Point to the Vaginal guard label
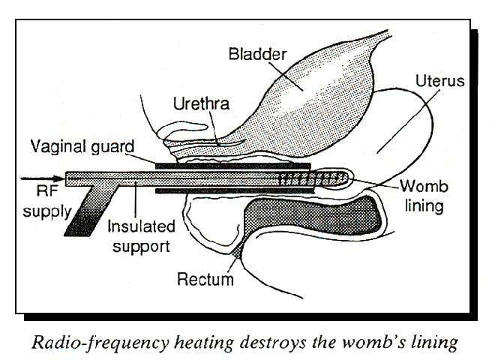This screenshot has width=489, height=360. (82, 145)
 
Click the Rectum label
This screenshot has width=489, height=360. (205, 280)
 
